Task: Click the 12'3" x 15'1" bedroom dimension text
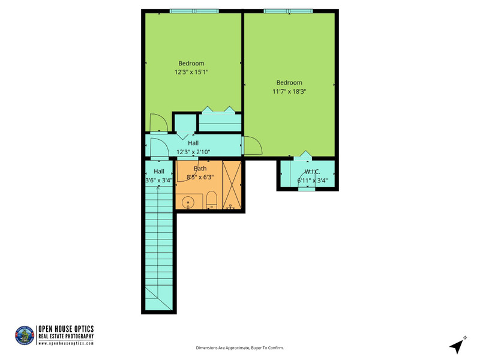[x=191, y=72]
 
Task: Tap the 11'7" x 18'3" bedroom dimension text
[x=289, y=91]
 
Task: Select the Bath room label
[x=200, y=169]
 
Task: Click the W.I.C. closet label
[x=312, y=172]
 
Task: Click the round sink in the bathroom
[x=188, y=203]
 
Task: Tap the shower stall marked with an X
[x=232, y=185]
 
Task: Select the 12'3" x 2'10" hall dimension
[x=193, y=152]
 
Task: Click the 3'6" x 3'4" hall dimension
[x=159, y=181]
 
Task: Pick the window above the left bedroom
[x=194, y=11]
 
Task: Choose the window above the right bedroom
[x=289, y=11]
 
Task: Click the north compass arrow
[x=457, y=346]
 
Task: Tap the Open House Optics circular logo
[x=25, y=335]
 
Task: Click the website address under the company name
[x=66, y=343]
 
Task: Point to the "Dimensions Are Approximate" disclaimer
[x=239, y=348]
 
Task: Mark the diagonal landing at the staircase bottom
[x=159, y=298]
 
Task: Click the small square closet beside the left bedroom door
[x=185, y=123]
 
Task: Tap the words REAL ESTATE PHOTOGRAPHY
[x=66, y=336]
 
